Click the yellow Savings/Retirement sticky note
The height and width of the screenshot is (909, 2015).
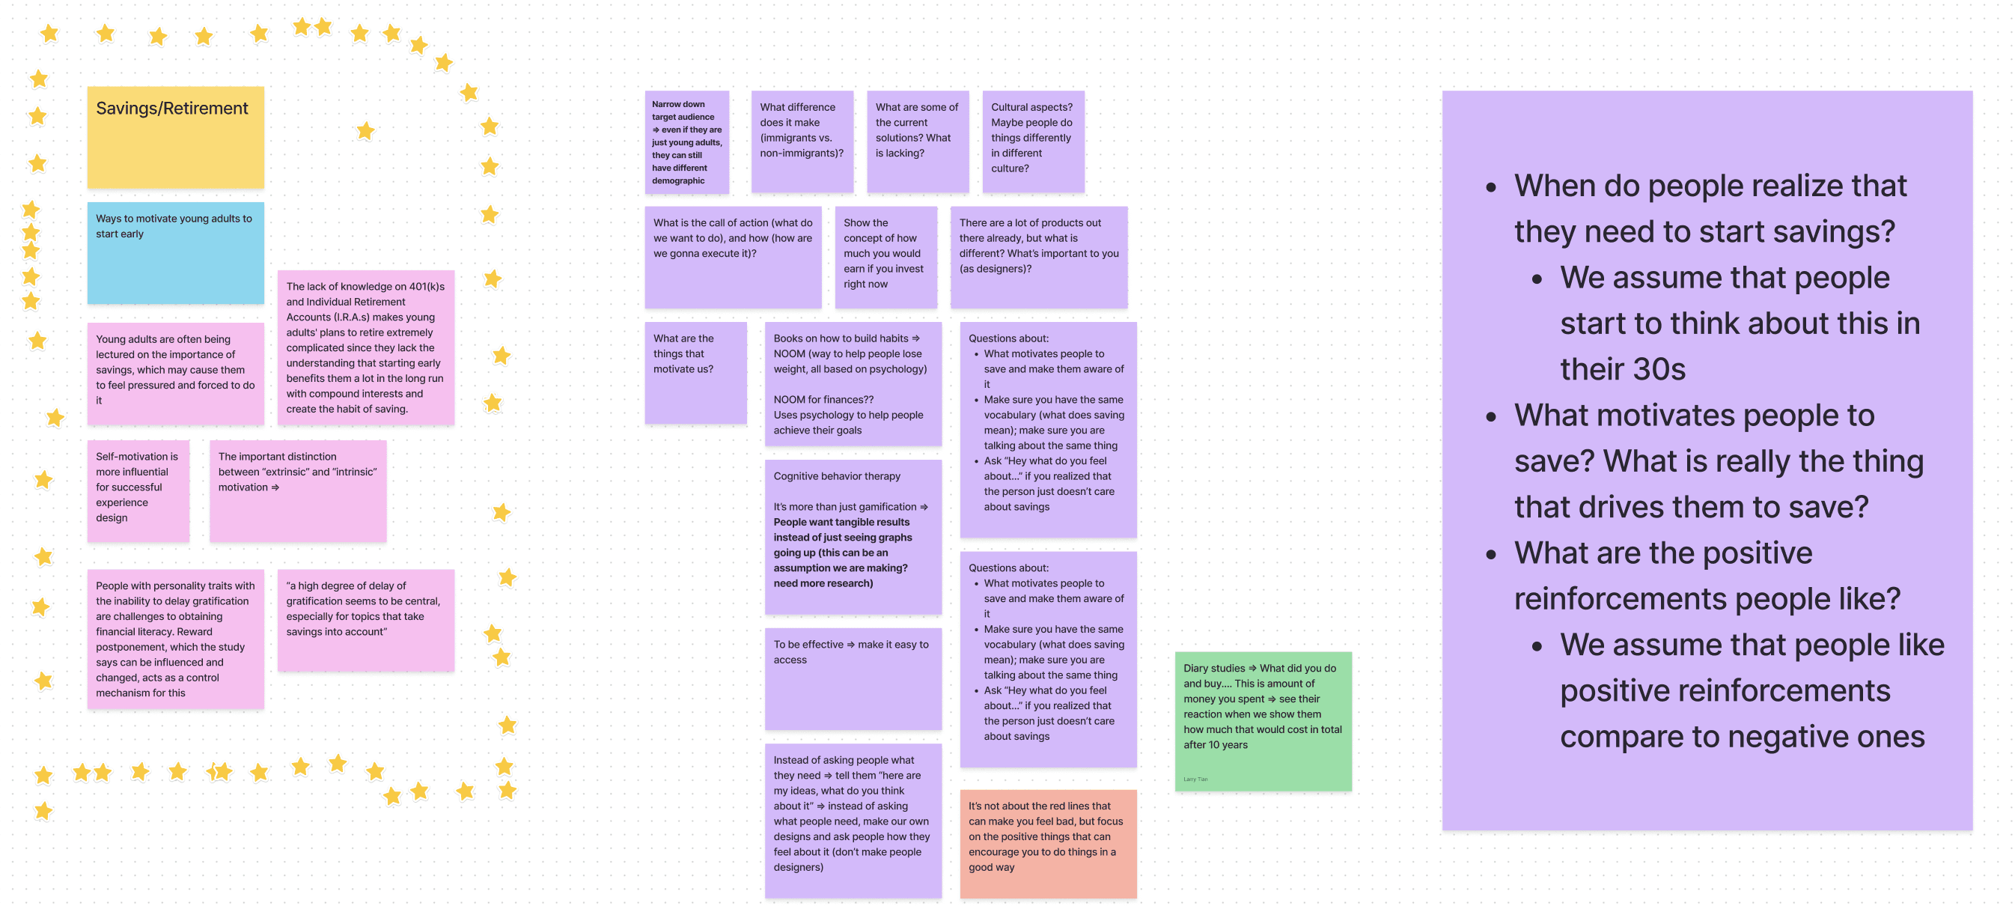click(x=175, y=137)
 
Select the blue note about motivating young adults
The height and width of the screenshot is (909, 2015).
click(x=175, y=252)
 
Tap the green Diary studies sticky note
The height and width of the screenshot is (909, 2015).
click(x=1263, y=720)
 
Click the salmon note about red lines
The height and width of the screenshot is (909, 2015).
click(x=1047, y=842)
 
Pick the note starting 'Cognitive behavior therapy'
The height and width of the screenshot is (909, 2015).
click(x=853, y=537)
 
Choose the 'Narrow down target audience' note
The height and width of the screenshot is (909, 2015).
click(x=686, y=142)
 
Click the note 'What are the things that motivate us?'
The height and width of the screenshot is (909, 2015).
click(x=695, y=372)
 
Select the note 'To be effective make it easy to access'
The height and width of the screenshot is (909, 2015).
click(x=853, y=678)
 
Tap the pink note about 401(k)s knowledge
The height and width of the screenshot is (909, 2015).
click(x=365, y=347)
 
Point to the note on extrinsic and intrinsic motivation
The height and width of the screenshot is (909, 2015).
click(x=297, y=490)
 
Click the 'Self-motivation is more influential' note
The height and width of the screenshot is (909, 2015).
click(x=138, y=490)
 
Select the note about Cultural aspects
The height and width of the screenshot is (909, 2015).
click(x=1032, y=142)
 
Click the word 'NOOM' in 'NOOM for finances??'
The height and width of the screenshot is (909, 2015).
click(x=789, y=400)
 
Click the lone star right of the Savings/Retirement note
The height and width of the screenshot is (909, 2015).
click(x=365, y=130)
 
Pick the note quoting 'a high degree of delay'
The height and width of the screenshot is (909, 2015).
click(x=365, y=619)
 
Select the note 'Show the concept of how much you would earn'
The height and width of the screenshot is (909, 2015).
click(x=885, y=257)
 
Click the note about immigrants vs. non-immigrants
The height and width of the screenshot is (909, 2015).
click(x=802, y=142)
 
